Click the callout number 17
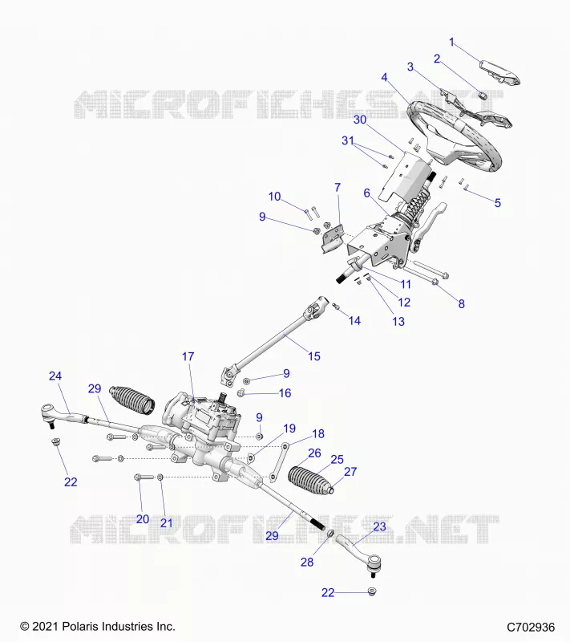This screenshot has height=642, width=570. [x=188, y=356]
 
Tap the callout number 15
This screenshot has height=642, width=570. [x=314, y=356]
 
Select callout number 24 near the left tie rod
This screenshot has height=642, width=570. [x=55, y=376]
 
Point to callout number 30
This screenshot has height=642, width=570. [x=360, y=120]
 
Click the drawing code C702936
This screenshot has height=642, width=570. [x=531, y=627]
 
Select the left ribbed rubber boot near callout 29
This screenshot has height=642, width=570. [x=132, y=399]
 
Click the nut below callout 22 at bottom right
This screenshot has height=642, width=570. [x=372, y=591]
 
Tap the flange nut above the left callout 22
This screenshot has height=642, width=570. [x=55, y=442]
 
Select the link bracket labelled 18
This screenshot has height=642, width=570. [x=280, y=461]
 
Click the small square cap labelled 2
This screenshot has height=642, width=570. [x=483, y=95]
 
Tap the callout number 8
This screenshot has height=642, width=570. [x=461, y=304]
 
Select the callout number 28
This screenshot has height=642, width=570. [x=307, y=563]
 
